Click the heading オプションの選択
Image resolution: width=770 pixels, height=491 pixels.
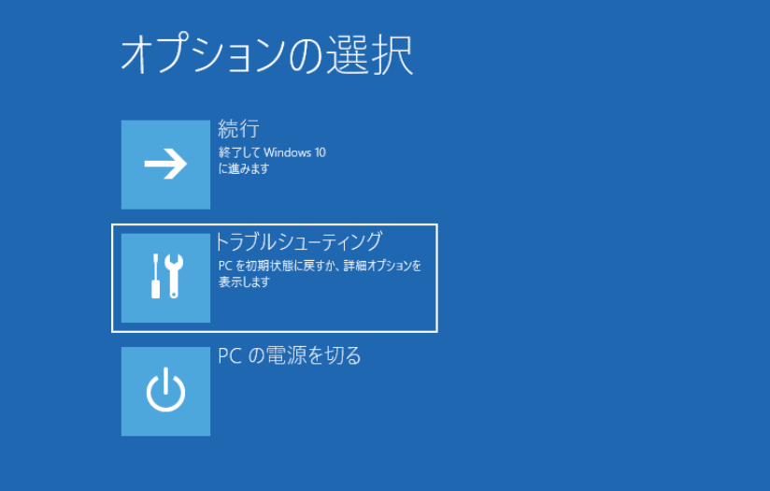click(266, 56)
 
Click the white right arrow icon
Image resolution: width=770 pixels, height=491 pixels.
click(165, 165)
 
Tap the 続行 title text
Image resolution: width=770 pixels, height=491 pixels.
click(238, 129)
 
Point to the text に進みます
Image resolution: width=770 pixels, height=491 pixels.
click(244, 168)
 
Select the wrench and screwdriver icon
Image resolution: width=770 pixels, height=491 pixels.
click(165, 277)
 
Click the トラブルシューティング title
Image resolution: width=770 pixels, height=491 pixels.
click(299, 241)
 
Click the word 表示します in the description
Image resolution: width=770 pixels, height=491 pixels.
click(244, 282)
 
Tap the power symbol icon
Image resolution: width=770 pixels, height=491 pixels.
click(165, 391)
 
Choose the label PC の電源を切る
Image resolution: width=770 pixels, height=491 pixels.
click(290, 355)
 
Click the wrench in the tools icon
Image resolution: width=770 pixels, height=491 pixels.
click(174, 277)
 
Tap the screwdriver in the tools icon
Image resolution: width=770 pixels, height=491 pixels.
click(156, 277)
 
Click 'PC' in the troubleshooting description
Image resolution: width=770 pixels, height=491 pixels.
click(224, 266)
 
